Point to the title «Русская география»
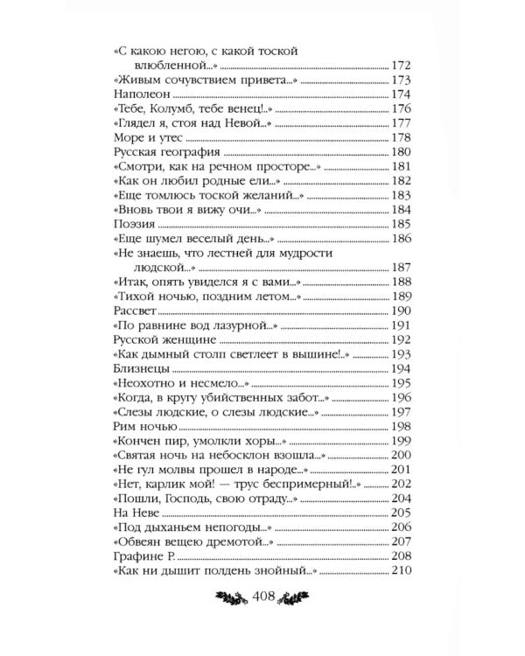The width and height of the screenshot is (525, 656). (165, 153)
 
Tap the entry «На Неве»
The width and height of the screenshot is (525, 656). (137, 513)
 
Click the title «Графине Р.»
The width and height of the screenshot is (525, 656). (145, 556)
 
